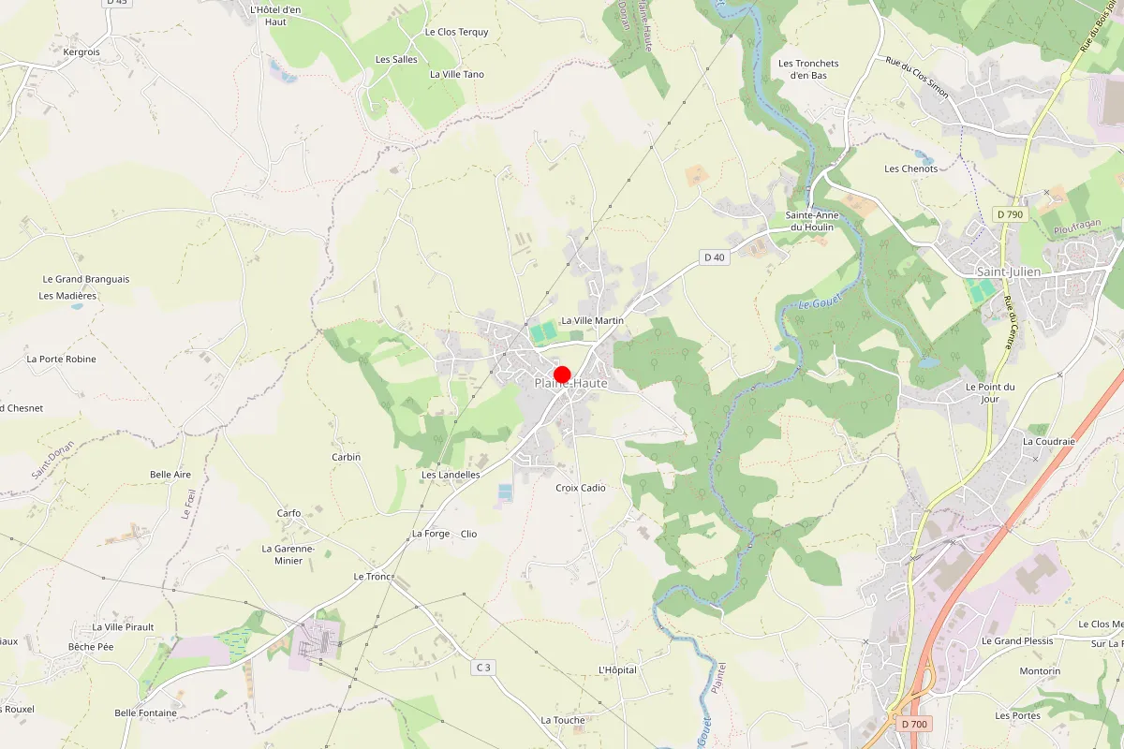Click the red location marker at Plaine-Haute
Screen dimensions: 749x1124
click(x=562, y=374)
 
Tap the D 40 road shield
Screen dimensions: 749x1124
click(x=714, y=257)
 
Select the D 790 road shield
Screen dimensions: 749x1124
click(x=1011, y=214)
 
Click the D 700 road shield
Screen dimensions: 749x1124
click(x=913, y=724)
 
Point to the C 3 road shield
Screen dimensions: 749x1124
click(x=482, y=667)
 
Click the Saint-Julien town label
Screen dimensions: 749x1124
click(x=1008, y=272)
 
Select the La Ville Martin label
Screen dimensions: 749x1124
click(x=592, y=320)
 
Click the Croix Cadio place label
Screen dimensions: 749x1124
click(x=581, y=488)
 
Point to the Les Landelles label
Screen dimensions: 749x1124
click(x=451, y=475)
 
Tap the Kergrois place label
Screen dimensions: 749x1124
click(x=81, y=52)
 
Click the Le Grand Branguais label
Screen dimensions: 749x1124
click(x=86, y=279)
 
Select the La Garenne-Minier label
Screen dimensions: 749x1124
click(x=288, y=554)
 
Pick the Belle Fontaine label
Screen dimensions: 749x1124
click(x=145, y=712)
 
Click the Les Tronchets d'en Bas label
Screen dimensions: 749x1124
click(x=808, y=69)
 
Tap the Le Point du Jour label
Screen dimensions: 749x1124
click(x=990, y=393)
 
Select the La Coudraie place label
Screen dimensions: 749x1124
click(x=1048, y=441)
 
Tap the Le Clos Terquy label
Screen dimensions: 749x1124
click(x=456, y=32)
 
